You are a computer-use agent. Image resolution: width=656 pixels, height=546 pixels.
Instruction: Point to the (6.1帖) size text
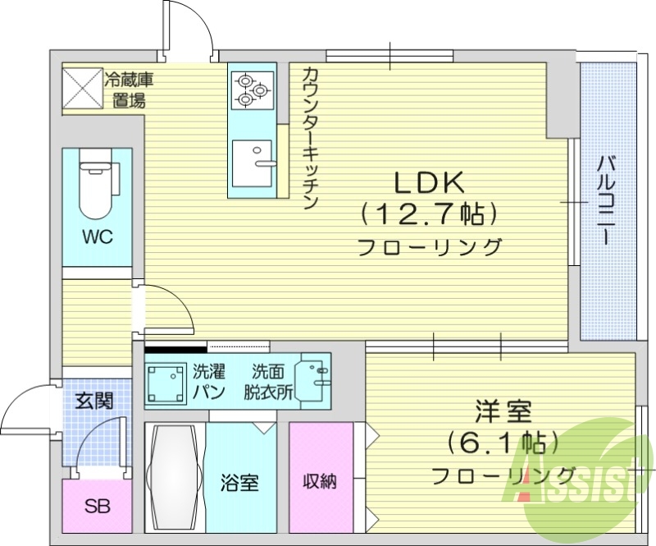click(503, 443)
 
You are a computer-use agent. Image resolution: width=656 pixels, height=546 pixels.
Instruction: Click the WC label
click(97, 236)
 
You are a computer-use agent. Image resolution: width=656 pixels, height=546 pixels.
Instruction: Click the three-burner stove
click(252, 89)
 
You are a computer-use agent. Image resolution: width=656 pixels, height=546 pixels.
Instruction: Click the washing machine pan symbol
click(166, 381)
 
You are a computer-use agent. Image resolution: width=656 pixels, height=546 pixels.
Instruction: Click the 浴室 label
click(239, 483)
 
